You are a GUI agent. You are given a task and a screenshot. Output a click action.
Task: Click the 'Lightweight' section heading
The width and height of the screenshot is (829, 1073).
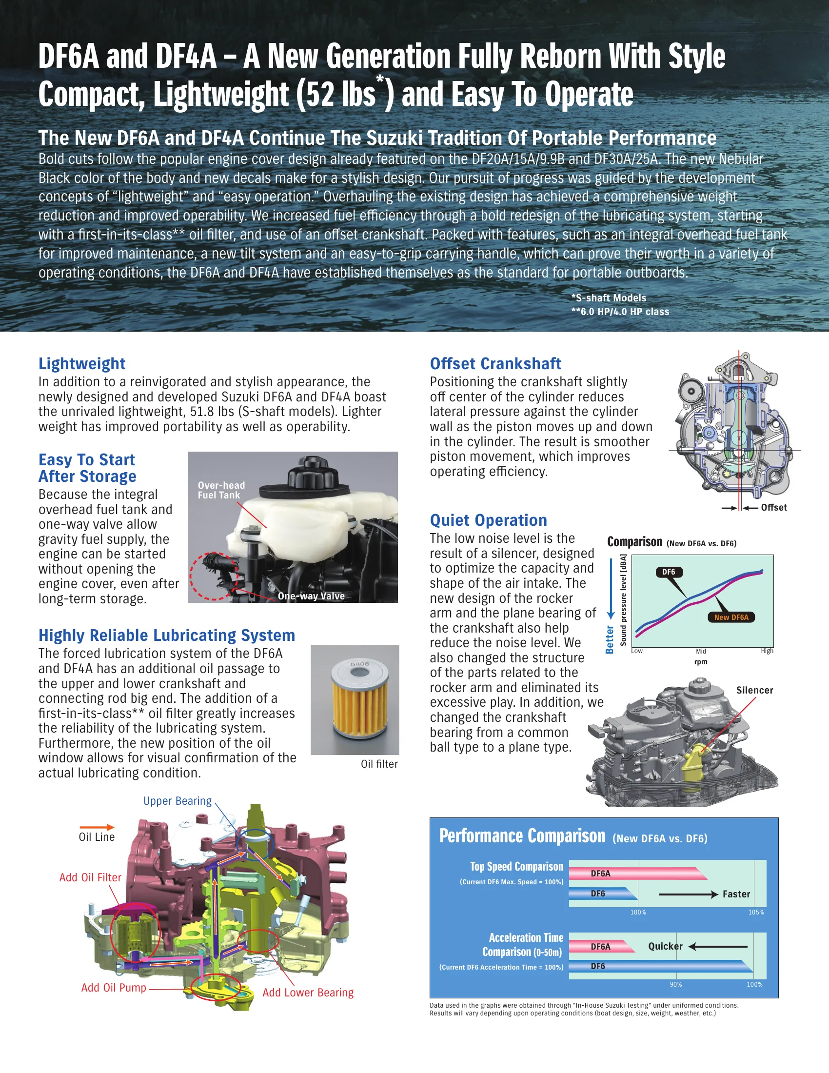(x=82, y=363)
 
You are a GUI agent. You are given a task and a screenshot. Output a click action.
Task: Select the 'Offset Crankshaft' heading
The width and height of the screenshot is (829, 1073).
(x=495, y=363)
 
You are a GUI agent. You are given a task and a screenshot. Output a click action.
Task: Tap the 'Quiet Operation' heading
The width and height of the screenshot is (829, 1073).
(x=488, y=520)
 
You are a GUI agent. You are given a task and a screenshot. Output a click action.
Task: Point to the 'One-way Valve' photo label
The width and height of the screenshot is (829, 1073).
(x=311, y=596)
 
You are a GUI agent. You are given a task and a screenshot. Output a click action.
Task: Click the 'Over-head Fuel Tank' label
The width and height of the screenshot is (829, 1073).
(x=221, y=490)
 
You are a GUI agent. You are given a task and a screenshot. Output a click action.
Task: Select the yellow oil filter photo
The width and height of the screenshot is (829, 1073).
(x=355, y=700)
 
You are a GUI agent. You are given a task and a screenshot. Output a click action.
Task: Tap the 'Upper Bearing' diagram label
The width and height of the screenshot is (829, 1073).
(x=178, y=801)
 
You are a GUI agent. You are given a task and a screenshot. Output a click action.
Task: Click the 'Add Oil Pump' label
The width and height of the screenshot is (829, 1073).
(x=114, y=988)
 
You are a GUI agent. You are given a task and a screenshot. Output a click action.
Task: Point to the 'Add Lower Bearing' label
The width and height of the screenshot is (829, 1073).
(x=307, y=993)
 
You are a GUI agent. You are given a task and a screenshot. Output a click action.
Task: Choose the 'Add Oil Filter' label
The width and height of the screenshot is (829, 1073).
(x=90, y=877)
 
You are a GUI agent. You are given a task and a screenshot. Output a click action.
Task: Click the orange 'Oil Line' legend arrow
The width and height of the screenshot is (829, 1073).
(x=97, y=827)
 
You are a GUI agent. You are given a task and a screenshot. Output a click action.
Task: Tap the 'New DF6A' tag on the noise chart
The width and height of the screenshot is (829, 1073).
(x=731, y=617)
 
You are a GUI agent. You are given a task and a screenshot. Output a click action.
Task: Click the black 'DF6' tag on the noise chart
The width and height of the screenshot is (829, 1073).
(x=669, y=572)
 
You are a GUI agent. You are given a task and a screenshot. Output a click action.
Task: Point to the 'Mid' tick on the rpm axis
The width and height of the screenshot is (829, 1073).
(x=701, y=652)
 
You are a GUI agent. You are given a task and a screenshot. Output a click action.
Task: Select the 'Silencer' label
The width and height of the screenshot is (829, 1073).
(x=754, y=690)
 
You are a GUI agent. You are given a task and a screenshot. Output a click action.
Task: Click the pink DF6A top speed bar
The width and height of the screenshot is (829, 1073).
(x=638, y=874)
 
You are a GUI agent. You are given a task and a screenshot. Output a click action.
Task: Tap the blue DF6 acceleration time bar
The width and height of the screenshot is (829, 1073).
(x=661, y=966)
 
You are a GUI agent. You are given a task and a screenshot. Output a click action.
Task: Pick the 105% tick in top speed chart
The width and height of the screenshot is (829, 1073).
(x=756, y=913)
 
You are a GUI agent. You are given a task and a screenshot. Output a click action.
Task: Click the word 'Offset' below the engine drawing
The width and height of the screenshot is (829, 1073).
(x=773, y=508)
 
